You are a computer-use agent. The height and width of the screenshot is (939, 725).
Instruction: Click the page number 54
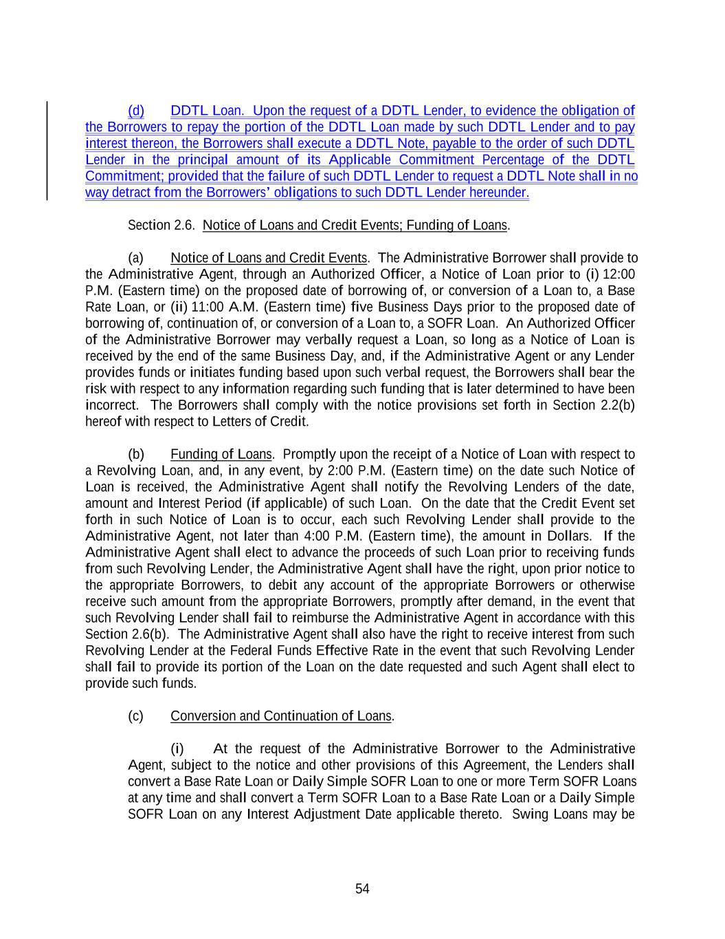(x=362, y=889)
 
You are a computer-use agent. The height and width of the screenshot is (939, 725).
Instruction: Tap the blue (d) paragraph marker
(x=136, y=111)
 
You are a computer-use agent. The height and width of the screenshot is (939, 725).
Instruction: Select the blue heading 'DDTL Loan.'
(x=207, y=111)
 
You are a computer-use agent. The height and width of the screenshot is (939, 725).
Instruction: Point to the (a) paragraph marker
(x=136, y=258)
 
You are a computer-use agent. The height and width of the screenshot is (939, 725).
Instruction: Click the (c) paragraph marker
(x=136, y=716)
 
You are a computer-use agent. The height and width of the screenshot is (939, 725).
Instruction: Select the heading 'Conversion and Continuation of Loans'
(x=280, y=716)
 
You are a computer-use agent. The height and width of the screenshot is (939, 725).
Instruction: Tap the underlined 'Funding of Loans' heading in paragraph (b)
(x=221, y=454)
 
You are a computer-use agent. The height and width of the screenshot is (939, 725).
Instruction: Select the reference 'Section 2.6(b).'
(x=129, y=634)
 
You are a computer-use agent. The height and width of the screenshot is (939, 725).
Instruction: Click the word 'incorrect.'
(x=111, y=405)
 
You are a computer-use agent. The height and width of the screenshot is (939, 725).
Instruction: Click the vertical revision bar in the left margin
(x=47, y=151)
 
